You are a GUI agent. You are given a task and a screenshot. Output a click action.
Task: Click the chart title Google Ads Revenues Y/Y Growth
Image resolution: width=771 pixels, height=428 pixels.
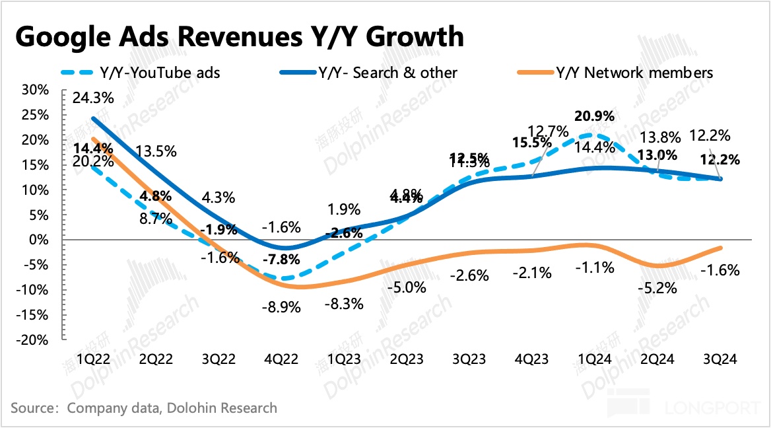coord(239,36)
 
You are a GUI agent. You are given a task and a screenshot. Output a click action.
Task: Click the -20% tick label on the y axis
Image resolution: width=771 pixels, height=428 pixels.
coord(33,339)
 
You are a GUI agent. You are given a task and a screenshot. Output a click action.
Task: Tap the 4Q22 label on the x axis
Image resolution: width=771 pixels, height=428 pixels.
coord(281,359)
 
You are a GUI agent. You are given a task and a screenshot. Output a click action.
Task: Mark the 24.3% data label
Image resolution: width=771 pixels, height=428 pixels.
coord(94,98)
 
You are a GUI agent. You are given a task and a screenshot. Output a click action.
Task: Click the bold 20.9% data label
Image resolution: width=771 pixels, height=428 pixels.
coord(595,116)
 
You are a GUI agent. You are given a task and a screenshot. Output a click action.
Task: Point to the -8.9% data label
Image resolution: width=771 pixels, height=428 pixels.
coord(281,307)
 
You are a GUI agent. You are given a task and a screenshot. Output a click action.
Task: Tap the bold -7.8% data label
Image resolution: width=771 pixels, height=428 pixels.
coord(281,259)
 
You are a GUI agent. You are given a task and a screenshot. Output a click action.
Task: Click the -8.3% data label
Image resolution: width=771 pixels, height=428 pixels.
coord(343,305)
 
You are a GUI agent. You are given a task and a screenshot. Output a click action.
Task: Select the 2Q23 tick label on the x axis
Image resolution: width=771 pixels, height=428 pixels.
coord(407,359)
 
